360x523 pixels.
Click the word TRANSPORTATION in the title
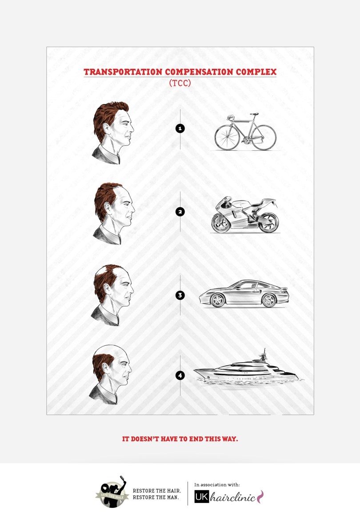pos(123,72)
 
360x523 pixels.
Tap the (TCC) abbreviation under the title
pos(180,83)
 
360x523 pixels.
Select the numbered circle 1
pos(180,128)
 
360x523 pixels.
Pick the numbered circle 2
pos(180,212)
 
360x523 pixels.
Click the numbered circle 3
pos(180,295)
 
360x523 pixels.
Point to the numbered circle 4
pos(180,375)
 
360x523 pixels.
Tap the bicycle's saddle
pos(254,114)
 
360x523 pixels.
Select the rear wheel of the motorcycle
pos(268,222)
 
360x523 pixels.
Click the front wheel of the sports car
pos(269,300)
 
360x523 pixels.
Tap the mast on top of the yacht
pos(264,355)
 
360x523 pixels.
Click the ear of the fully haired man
pos(106,129)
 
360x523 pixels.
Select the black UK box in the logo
pos(202,497)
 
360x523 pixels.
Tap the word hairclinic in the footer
pos(233,497)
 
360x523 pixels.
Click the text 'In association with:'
pos(217,485)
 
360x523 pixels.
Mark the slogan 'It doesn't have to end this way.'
pos(180,439)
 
